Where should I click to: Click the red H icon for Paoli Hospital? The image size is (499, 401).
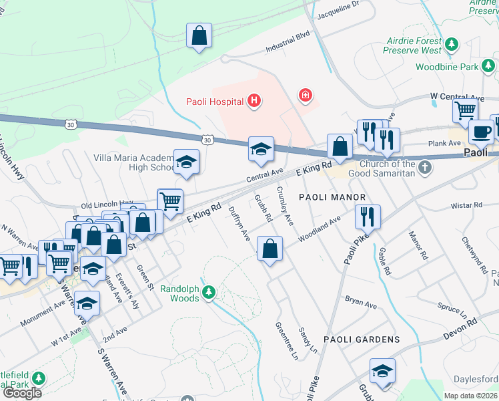click(x=254, y=102)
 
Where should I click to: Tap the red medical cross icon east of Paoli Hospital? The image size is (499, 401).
click(x=306, y=96)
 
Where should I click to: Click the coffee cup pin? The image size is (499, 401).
click(x=480, y=132)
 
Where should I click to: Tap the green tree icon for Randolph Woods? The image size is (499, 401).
click(x=209, y=292)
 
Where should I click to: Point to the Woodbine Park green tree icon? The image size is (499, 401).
click(x=489, y=66)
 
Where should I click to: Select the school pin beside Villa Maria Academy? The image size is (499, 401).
click(x=186, y=162)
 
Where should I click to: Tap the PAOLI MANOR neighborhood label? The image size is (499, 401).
click(x=332, y=197)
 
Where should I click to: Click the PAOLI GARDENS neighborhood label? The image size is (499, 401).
click(x=362, y=340)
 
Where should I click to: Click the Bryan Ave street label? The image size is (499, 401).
click(x=361, y=301)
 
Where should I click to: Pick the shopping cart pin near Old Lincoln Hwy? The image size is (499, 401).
click(x=170, y=200)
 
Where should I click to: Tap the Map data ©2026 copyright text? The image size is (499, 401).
click(x=470, y=396)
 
